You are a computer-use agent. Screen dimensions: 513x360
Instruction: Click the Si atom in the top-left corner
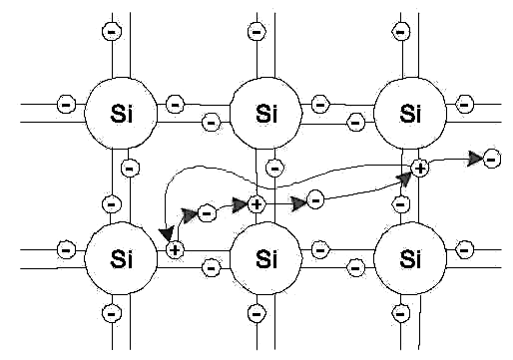pyautogui.click(x=121, y=114)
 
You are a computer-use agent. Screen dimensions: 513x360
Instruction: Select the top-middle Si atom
pyautogui.click(x=265, y=114)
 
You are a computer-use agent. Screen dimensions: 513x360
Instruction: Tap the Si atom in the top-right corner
pyautogui.click(x=410, y=114)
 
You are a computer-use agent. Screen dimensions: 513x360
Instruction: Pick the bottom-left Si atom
pyautogui.click(x=121, y=258)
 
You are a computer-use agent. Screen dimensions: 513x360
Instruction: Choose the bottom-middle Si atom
pyautogui.click(x=265, y=258)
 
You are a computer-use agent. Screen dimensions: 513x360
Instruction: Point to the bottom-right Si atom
pyautogui.click(x=410, y=258)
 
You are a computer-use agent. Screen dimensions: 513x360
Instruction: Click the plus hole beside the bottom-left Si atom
pyautogui.click(x=175, y=249)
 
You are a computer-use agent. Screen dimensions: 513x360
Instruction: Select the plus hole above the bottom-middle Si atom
pyautogui.click(x=256, y=204)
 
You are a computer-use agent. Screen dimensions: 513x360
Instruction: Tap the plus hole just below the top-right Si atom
pyautogui.click(x=420, y=169)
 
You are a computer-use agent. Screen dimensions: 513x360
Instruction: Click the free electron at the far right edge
pyautogui.click(x=492, y=159)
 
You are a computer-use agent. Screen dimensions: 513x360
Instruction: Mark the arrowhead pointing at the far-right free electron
pyautogui.click(x=475, y=159)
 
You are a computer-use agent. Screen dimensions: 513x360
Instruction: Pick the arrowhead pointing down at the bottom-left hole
pyautogui.click(x=167, y=232)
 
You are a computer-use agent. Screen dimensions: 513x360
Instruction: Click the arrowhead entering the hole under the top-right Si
pyautogui.click(x=405, y=179)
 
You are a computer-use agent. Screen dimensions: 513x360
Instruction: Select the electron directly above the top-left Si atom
pyautogui.click(x=112, y=32)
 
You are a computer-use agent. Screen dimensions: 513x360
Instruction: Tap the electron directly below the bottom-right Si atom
pyautogui.click(x=401, y=313)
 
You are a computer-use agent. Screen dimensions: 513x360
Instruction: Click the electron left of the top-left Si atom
pyautogui.click(x=67, y=105)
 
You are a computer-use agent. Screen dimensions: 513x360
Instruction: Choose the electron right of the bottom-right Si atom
pyautogui.click(x=464, y=249)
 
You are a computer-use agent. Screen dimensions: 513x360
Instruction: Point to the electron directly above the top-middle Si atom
pyautogui.click(x=256, y=32)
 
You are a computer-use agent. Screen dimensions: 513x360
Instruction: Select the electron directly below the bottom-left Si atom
pyautogui.click(x=112, y=313)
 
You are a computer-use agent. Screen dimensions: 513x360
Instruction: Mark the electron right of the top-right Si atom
pyautogui.click(x=464, y=105)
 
